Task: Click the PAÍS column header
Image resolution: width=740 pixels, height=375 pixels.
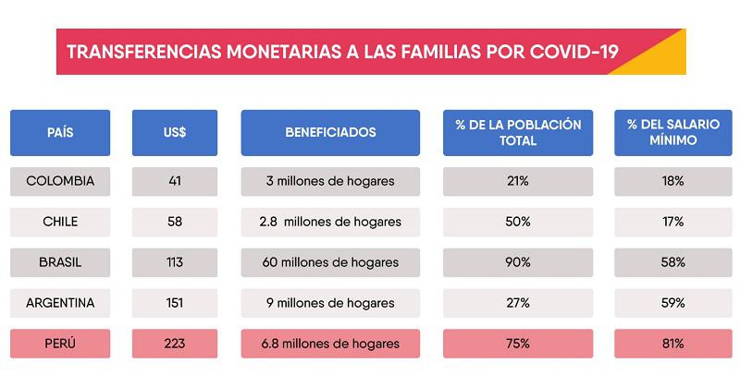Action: click(60, 132)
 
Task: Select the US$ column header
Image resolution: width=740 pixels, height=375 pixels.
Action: click(175, 132)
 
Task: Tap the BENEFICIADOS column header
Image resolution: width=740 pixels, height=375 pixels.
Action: click(330, 132)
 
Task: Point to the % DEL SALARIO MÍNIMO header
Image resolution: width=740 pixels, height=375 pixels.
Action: click(660, 132)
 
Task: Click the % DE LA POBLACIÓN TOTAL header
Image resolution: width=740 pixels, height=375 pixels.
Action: click(518, 132)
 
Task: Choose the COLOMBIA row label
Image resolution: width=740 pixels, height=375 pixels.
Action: click(60, 181)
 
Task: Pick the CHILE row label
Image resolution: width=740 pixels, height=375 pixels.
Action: click(60, 222)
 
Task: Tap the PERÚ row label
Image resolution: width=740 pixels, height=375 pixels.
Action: click(60, 344)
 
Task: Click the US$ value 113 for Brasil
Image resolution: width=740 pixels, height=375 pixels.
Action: click(175, 262)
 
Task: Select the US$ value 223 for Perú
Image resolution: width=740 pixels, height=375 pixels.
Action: click(175, 344)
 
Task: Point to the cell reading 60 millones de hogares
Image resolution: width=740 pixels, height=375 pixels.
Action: click(330, 262)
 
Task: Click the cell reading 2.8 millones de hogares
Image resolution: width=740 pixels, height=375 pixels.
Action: click(330, 222)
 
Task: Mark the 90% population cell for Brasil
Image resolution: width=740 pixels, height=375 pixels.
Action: click(518, 262)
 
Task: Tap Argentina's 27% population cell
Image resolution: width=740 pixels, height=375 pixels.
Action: click(518, 303)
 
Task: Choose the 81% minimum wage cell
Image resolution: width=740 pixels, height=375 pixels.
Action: click(660, 344)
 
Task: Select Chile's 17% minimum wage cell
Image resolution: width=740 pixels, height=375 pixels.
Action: click(660, 222)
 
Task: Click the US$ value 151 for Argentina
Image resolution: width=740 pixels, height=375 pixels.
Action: click(175, 303)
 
